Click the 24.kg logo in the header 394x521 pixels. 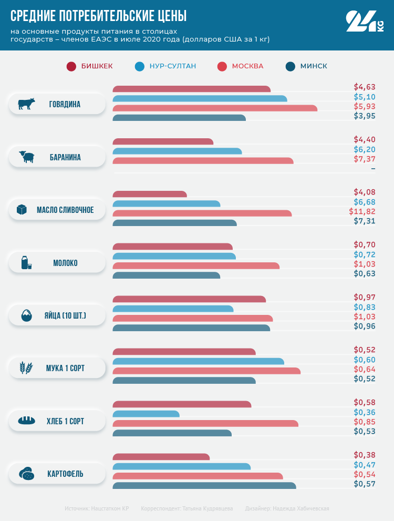(x=364, y=22)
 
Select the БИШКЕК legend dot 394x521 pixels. (x=71, y=66)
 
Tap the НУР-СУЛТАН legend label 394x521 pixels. (x=173, y=66)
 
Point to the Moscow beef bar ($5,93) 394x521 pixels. (x=215, y=108)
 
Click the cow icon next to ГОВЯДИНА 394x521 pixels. (x=26, y=104)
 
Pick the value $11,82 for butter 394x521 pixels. (x=362, y=211)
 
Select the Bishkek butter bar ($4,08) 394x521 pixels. (x=150, y=195)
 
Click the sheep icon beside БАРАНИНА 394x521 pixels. (x=26, y=157)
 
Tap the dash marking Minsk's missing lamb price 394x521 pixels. (x=373, y=168)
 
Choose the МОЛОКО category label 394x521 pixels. (x=65, y=263)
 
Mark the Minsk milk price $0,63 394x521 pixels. (x=365, y=273)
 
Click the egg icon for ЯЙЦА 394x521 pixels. (x=26, y=315)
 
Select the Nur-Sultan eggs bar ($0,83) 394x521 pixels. (x=173, y=309)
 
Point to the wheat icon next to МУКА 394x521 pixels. (x=26, y=368)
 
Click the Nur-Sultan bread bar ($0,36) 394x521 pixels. (x=146, y=414)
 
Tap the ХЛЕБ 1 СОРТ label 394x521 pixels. (x=65, y=421)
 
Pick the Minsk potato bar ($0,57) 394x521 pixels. (x=204, y=485)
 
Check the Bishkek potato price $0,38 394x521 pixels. (x=365, y=455)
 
